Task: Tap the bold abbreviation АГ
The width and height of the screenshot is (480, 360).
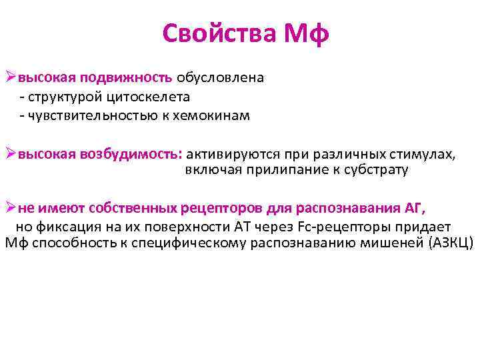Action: point(413,207)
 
